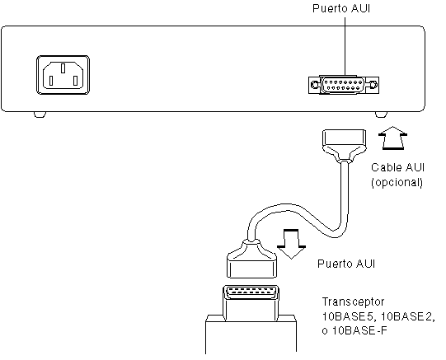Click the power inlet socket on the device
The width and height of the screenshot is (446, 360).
[63, 75]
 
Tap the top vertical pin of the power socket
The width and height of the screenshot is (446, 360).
[63, 68]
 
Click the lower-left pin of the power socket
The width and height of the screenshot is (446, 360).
[51, 81]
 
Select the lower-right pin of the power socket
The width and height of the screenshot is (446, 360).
[75, 81]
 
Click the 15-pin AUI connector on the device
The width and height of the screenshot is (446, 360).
[344, 85]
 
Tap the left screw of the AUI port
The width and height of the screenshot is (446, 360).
[315, 85]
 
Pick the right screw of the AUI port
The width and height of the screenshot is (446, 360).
[373, 85]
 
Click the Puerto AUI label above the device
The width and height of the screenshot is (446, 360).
[341, 8]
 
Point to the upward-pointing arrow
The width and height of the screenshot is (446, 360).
[392, 138]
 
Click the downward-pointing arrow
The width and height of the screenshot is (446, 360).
[291, 244]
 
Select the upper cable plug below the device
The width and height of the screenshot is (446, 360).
[344, 146]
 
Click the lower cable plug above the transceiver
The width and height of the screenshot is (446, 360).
[252, 259]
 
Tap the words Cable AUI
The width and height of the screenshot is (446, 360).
[397, 167]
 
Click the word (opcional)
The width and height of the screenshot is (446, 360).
[397, 182]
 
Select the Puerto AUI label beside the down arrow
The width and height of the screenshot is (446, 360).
[346, 264]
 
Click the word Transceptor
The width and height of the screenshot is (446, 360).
[354, 302]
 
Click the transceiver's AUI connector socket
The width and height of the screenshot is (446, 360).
[251, 292]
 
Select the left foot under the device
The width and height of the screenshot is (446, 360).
[40, 115]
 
